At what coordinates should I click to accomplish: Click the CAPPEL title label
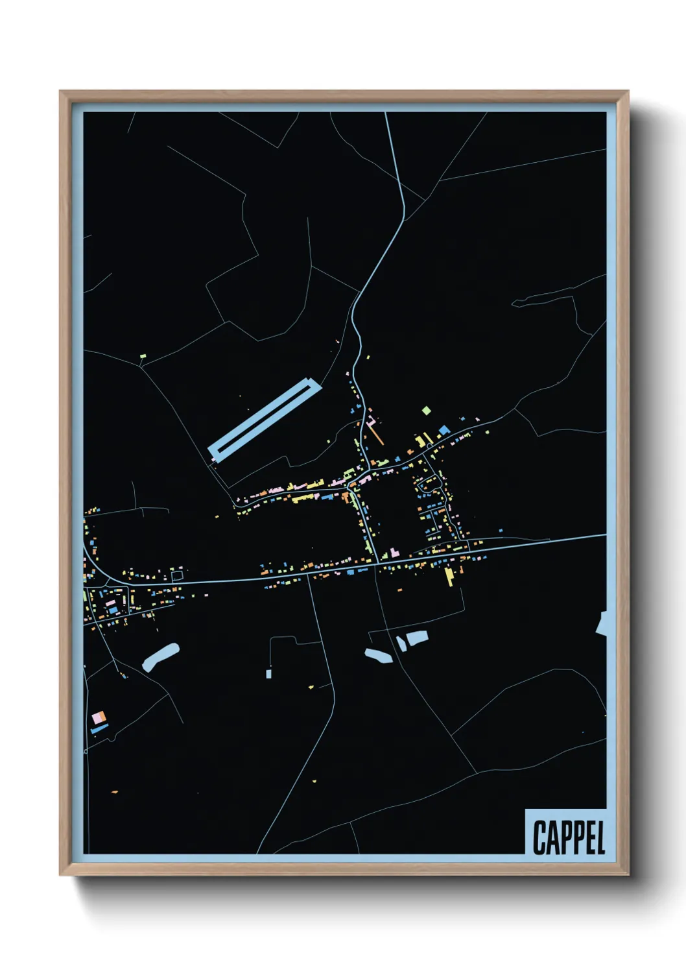click(x=569, y=837)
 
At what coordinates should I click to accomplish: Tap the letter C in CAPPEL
click(x=539, y=837)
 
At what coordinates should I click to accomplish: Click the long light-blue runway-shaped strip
click(x=265, y=421)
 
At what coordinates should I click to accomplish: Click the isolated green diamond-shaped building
click(x=426, y=410)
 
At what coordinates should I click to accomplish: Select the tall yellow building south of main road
click(x=449, y=576)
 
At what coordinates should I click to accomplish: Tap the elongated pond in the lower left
click(x=160, y=657)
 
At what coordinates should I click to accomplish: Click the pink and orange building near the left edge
click(x=99, y=718)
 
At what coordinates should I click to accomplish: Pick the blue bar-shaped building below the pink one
click(x=99, y=729)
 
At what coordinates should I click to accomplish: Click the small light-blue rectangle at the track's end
click(x=268, y=674)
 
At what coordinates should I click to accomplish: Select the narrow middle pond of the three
click(x=401, y=643)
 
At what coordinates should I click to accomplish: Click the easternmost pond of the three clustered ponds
click(x=416, y=638)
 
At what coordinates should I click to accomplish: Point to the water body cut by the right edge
click(x=602, y=623)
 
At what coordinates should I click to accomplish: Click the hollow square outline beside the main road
click(x=177, y=575)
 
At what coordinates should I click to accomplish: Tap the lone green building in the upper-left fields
click(x=143, y=355)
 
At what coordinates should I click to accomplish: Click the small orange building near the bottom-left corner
click(x=114, y=792)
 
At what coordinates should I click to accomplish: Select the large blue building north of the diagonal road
click(x=444, y=430)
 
